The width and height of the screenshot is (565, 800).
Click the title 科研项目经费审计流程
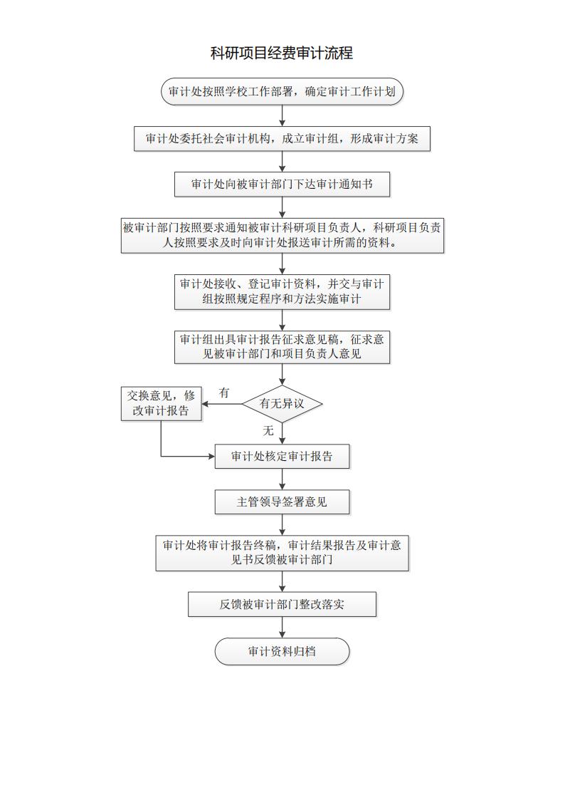click(x=282, y=53)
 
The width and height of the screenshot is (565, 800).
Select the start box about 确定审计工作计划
click(x=282, y=92)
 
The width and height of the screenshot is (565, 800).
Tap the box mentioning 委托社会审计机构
click(x=282, y=139)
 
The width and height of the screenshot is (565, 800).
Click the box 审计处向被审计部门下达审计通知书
click(x=282, y=184)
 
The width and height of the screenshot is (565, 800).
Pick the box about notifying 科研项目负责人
click(x=282, y=235)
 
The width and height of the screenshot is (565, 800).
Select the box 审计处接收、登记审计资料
click(x=282, y=291)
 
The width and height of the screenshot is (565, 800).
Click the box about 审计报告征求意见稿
click(x=282, y=346)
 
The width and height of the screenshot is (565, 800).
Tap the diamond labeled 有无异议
click(x=282, y=404)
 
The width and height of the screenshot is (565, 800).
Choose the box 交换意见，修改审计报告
click(x=161, y=403)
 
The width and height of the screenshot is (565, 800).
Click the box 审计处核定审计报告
click(x=282, y=457)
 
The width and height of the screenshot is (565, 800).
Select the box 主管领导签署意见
click(x=282, y=502)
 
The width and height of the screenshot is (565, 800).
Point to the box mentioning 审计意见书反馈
click(x=282, y=553)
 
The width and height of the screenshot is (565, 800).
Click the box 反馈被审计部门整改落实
click(x=282, y=605)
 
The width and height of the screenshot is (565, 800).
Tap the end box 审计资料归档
click(x=282, y=651)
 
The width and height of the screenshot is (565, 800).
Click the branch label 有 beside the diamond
click(x=225, y=393)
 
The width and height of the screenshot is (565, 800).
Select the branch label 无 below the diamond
click(x=268, y=430)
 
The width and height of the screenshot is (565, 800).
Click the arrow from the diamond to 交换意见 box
click(x=221, y=404)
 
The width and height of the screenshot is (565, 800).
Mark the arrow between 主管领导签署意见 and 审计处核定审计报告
click(x=282, y=479)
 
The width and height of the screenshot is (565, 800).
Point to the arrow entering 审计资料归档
click(x=282, y=627)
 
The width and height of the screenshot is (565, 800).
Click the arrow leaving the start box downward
click(x=282, y=115)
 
